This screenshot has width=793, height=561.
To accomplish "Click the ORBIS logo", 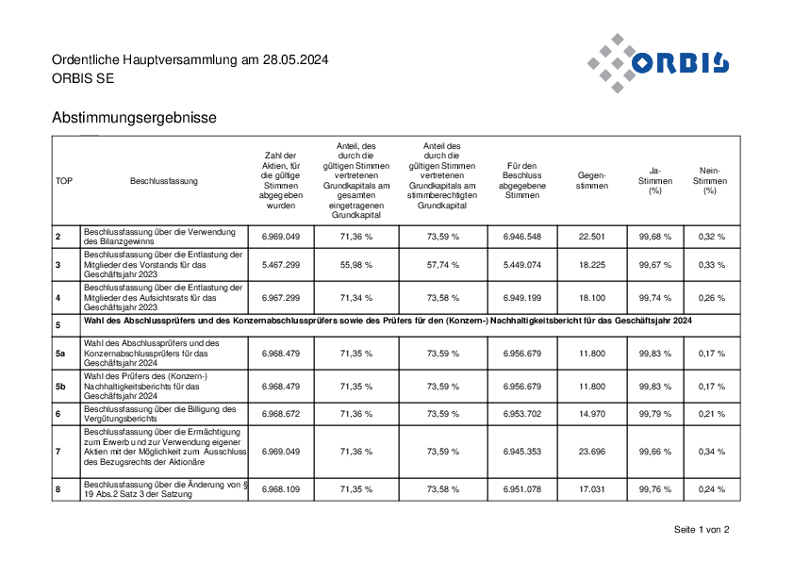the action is pyautogui.click(x=658, y=63).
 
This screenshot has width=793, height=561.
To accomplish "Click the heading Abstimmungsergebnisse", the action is pyautogui.click(x=134, y=118).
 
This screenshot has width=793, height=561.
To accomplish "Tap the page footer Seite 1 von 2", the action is pyautogui.click(x=702, y=530).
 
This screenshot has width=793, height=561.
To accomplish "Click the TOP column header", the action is pyautogui.click(x=64, y=181).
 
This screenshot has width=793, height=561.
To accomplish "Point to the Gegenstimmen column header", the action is pyautogui.click(x=592, y=181).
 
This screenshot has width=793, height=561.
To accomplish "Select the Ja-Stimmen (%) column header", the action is pyautogui.click(x=655, y=181).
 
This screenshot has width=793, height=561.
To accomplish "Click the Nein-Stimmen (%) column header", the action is pyautogui.click(x=710, y=181).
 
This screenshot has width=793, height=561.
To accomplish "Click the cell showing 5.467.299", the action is pyautogui.click(x=281, y=265).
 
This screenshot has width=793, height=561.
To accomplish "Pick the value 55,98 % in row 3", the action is pyautogui.click(x=356, y=265).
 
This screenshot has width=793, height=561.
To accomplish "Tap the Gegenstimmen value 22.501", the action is pyautogui.click(x=592, y=237).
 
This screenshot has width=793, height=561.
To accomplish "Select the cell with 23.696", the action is pyautogui.click(x=592, y=452).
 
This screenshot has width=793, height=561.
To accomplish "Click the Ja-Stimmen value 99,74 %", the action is pyautogui.click(x=655, y=298).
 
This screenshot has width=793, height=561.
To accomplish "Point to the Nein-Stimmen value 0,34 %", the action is pyautogui.click(x=712, y=452).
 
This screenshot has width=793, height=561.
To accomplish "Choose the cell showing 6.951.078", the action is pyautogui.click(x=522, y=489).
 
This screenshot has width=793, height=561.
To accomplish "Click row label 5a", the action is pyautogui.click(x=60, y=354).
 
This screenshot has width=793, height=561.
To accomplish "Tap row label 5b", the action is pyautogui.click(x=60, y=387).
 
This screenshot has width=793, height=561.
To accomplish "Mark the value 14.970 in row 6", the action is pyautogui.click(x=592, y=414).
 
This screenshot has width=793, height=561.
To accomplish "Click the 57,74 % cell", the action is pyautogui.click(x=443, y=265).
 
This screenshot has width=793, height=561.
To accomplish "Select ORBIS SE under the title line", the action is pyautogui.click(x=83, y=78).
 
